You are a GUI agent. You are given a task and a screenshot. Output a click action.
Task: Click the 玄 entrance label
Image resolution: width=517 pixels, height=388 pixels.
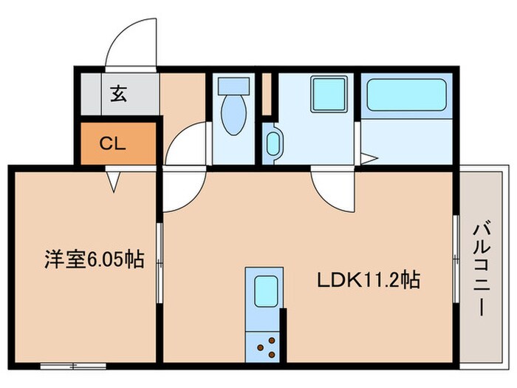[117, 94]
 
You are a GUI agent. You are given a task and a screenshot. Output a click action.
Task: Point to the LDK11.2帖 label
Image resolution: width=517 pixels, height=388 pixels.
[369, 281]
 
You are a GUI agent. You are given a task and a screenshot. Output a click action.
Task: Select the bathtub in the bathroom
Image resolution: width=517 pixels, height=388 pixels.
[406, 95]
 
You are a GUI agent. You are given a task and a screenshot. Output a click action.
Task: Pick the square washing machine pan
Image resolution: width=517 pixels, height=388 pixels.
[329, 95]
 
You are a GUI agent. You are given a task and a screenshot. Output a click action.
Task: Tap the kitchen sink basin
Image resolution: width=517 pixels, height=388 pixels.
[264, 291]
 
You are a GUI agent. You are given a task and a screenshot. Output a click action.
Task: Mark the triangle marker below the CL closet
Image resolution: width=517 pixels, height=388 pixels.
[112, 180]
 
